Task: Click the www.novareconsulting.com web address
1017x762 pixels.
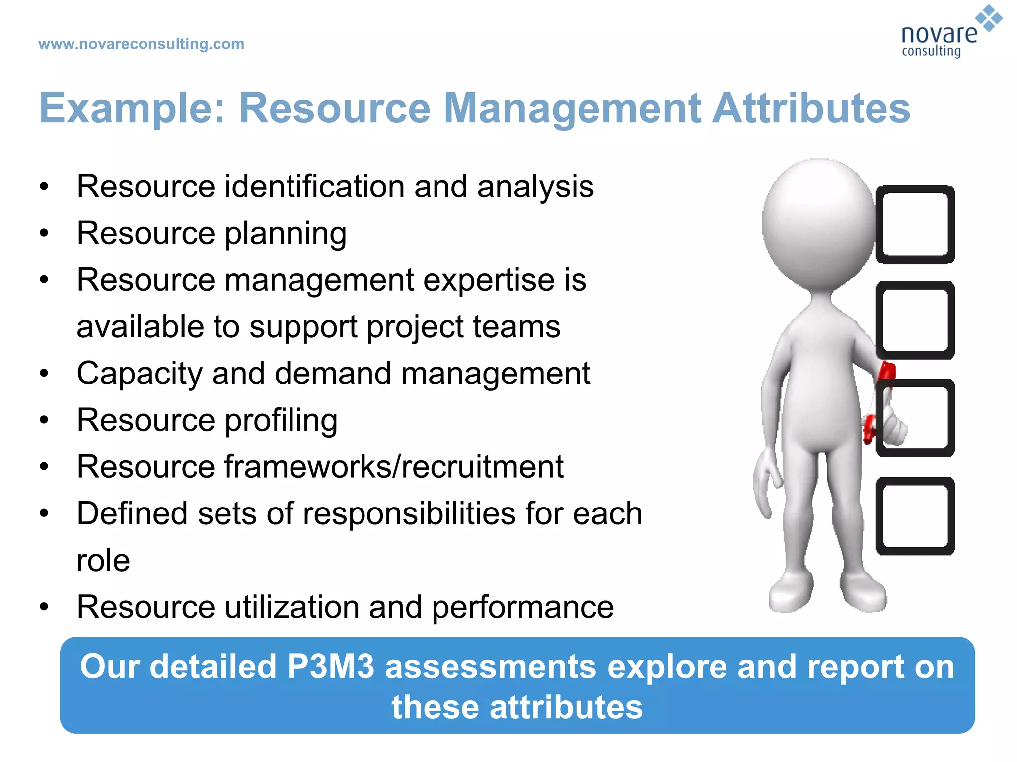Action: click(141, 44)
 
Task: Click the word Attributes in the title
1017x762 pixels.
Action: click(810, 108)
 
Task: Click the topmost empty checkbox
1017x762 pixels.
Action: click(915, 224)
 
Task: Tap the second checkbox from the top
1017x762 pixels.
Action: click(915, 320)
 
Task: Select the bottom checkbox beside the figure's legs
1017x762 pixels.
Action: click(915, 516)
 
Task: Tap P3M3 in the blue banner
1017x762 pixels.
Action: click(330, 666)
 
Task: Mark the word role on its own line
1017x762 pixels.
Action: click(103, 561)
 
